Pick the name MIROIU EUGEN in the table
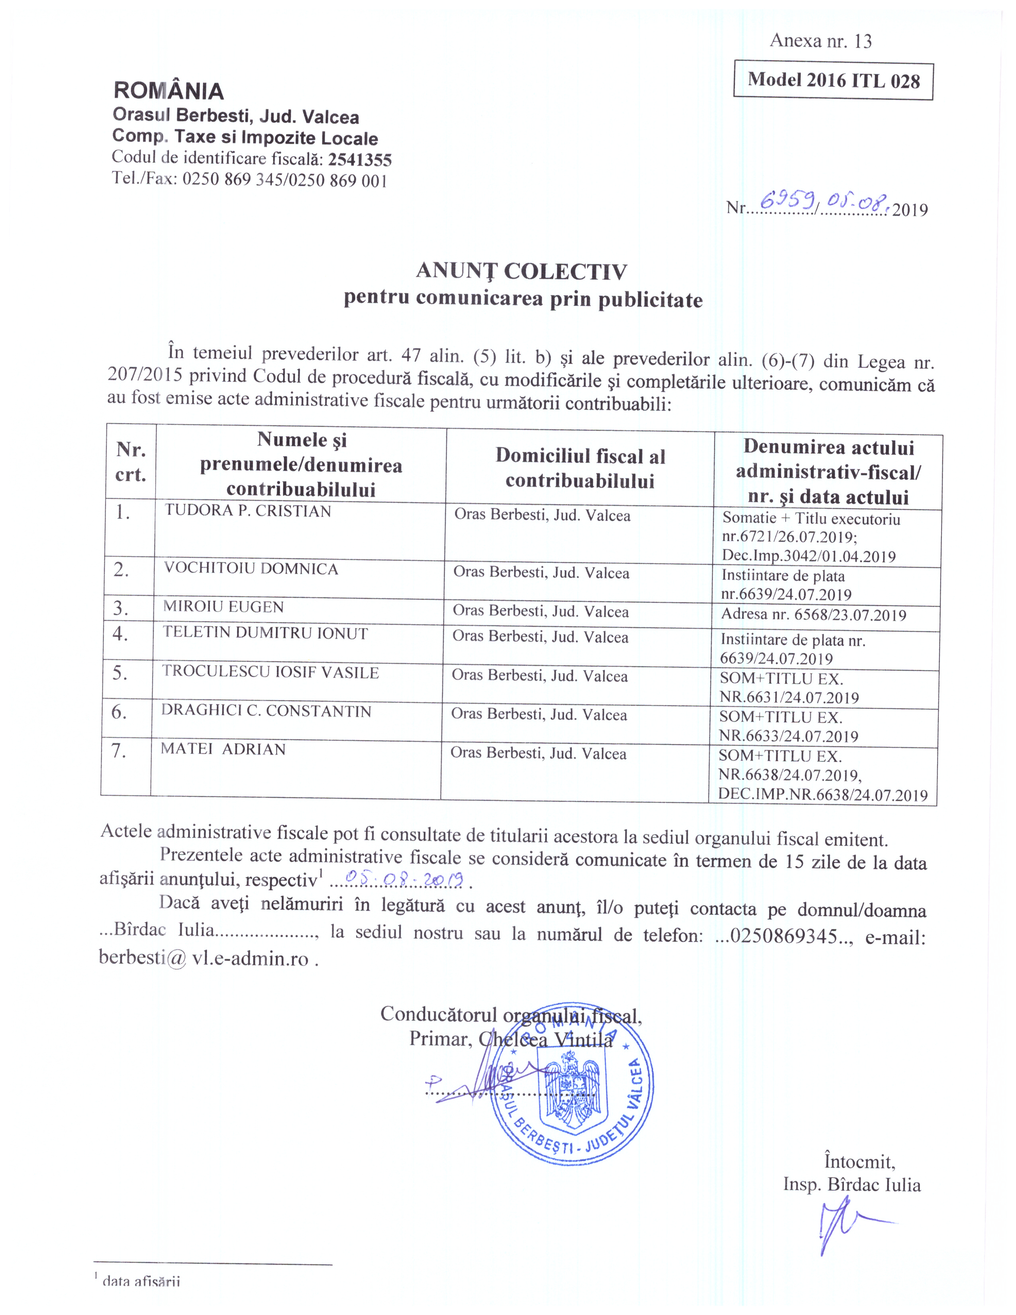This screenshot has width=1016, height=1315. tap(223, 606)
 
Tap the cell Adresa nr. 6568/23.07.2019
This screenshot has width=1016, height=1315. tap(813, 615)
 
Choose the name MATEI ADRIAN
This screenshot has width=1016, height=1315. tap(223, 749)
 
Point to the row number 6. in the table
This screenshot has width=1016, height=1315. tap(119, 712)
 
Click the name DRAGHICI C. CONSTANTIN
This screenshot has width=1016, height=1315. tap(266, 710)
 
